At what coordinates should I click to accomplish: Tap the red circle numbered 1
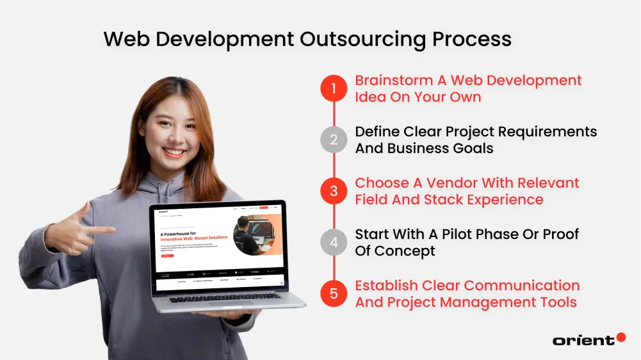click(x=334, y=88)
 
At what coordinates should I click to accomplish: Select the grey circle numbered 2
click(x=334, y=140)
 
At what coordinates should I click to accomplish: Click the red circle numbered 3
click(x=334, y=191)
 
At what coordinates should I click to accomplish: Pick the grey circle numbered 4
click(x=334, y=242)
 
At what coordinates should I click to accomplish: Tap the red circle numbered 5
click(x=334, y=293)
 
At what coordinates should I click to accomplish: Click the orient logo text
click(x=583, y=340)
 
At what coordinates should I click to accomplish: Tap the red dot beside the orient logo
click(x=621, y=337)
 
